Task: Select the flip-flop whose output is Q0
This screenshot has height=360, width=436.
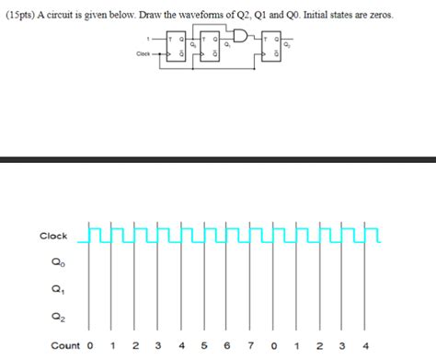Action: point(176,48)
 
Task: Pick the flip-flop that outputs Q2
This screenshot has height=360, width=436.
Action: point(271,48)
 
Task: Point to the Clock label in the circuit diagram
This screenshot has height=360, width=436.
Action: point(143,54)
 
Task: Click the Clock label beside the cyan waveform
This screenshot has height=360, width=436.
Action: point(53,237)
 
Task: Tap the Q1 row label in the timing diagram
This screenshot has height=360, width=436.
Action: point(58,290)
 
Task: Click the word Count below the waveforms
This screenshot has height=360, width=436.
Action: point(64,346)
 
